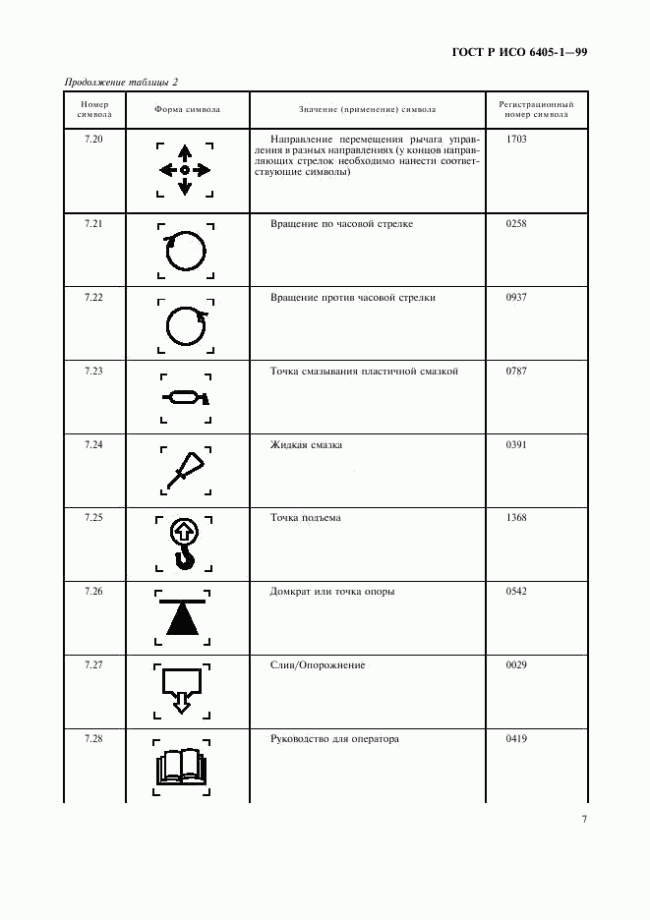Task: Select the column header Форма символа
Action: (187, 109)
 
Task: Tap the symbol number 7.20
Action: (94, 140)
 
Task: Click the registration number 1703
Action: (516, 140)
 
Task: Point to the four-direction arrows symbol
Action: (185, 170)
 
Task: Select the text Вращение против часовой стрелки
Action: (352, 297)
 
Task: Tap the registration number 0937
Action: (516, 297)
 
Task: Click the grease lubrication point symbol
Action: (185, 398)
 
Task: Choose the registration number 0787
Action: (516, 372)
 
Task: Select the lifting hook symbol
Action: (185, 544)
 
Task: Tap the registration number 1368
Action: (516, 518)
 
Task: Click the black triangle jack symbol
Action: (184, 616)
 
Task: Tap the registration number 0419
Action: (516, 738)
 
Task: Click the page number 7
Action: (583, 820)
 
